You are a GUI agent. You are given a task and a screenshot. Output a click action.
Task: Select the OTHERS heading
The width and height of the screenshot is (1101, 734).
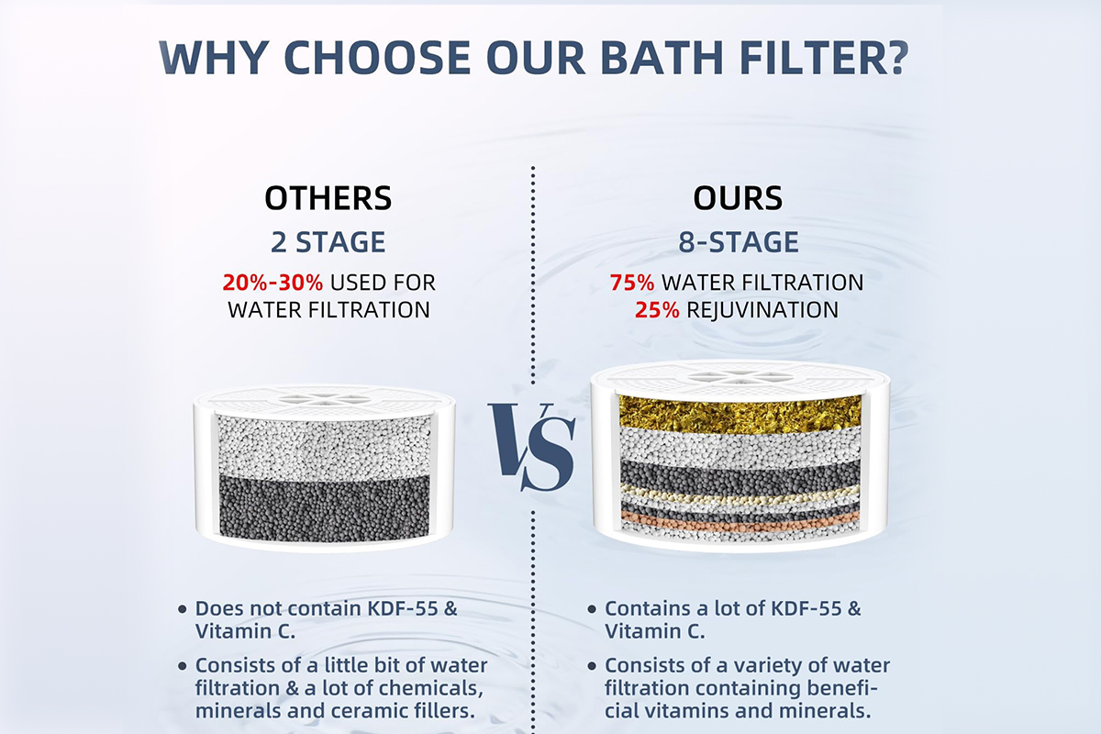point(328,198)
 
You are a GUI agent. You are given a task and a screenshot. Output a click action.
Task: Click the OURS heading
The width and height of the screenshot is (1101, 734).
point(738,198)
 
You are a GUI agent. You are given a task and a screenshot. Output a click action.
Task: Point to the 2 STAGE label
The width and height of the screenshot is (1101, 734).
point(328,242)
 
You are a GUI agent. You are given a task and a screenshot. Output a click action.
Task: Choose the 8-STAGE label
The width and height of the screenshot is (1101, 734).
point(739,242)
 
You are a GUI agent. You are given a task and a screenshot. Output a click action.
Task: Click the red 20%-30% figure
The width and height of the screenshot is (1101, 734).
point(272,283)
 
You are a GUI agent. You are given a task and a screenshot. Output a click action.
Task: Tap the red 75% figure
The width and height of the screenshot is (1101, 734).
point(632,283)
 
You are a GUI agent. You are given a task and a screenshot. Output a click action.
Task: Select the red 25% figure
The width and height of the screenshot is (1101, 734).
point(657,310)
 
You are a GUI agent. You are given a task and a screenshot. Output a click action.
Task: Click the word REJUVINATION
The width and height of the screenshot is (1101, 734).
point(762,310)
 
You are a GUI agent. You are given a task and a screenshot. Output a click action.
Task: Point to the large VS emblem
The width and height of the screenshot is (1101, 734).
point(532,447)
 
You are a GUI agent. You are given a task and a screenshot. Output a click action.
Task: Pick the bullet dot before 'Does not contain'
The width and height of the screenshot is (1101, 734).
point(183,609)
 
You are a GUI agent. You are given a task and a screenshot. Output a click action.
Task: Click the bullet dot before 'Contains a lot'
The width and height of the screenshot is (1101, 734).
point(592,609)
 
